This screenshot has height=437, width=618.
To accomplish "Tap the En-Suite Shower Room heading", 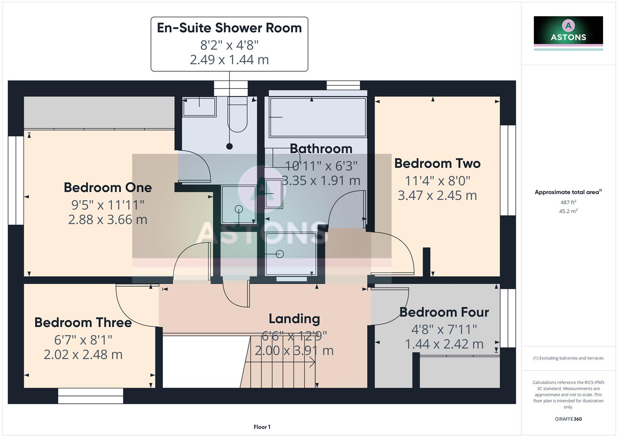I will (x=229, y=28).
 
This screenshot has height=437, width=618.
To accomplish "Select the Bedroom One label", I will (x=108, y=187).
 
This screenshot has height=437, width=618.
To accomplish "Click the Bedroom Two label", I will (x=437, y=163).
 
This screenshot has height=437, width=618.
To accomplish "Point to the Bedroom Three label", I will (x=83, y=322).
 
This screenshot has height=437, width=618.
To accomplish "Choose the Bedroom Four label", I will (x=444, y=312).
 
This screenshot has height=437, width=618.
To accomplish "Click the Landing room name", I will (x=294, y=319).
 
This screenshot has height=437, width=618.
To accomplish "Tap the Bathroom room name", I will (x=321, y=148).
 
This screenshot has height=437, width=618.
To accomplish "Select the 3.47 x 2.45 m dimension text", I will (x=437, y=195).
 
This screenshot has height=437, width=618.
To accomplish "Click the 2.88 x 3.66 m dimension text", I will (x=108, y=220).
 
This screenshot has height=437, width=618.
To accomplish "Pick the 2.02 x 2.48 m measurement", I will (x=83, y=354).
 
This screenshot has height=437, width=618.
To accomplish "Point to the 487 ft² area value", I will (x=568, y=202).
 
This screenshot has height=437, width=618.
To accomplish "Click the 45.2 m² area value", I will (x=568, y=211).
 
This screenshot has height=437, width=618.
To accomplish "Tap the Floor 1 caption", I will (x=262, y=427).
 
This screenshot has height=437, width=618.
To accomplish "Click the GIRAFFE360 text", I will (x=568, y=419).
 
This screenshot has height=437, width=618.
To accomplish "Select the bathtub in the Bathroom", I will (x=318, y=117).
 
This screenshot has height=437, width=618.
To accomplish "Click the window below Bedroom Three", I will (x=90, y=396).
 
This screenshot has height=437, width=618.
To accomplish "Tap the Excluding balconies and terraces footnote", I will (x=568, y=358).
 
